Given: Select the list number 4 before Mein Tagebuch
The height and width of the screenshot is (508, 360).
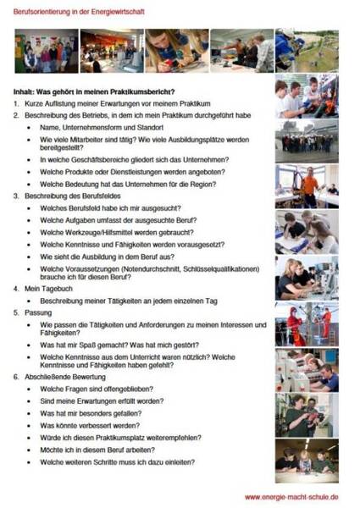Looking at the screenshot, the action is [15, 288].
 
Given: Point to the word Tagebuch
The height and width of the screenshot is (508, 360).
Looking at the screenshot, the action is [56, 288].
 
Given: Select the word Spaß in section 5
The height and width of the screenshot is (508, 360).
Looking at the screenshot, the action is [105, 345].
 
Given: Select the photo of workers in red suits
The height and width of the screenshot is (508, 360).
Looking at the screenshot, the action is [306, 323].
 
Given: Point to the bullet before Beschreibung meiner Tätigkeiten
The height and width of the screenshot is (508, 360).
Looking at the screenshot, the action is [30, 300].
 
